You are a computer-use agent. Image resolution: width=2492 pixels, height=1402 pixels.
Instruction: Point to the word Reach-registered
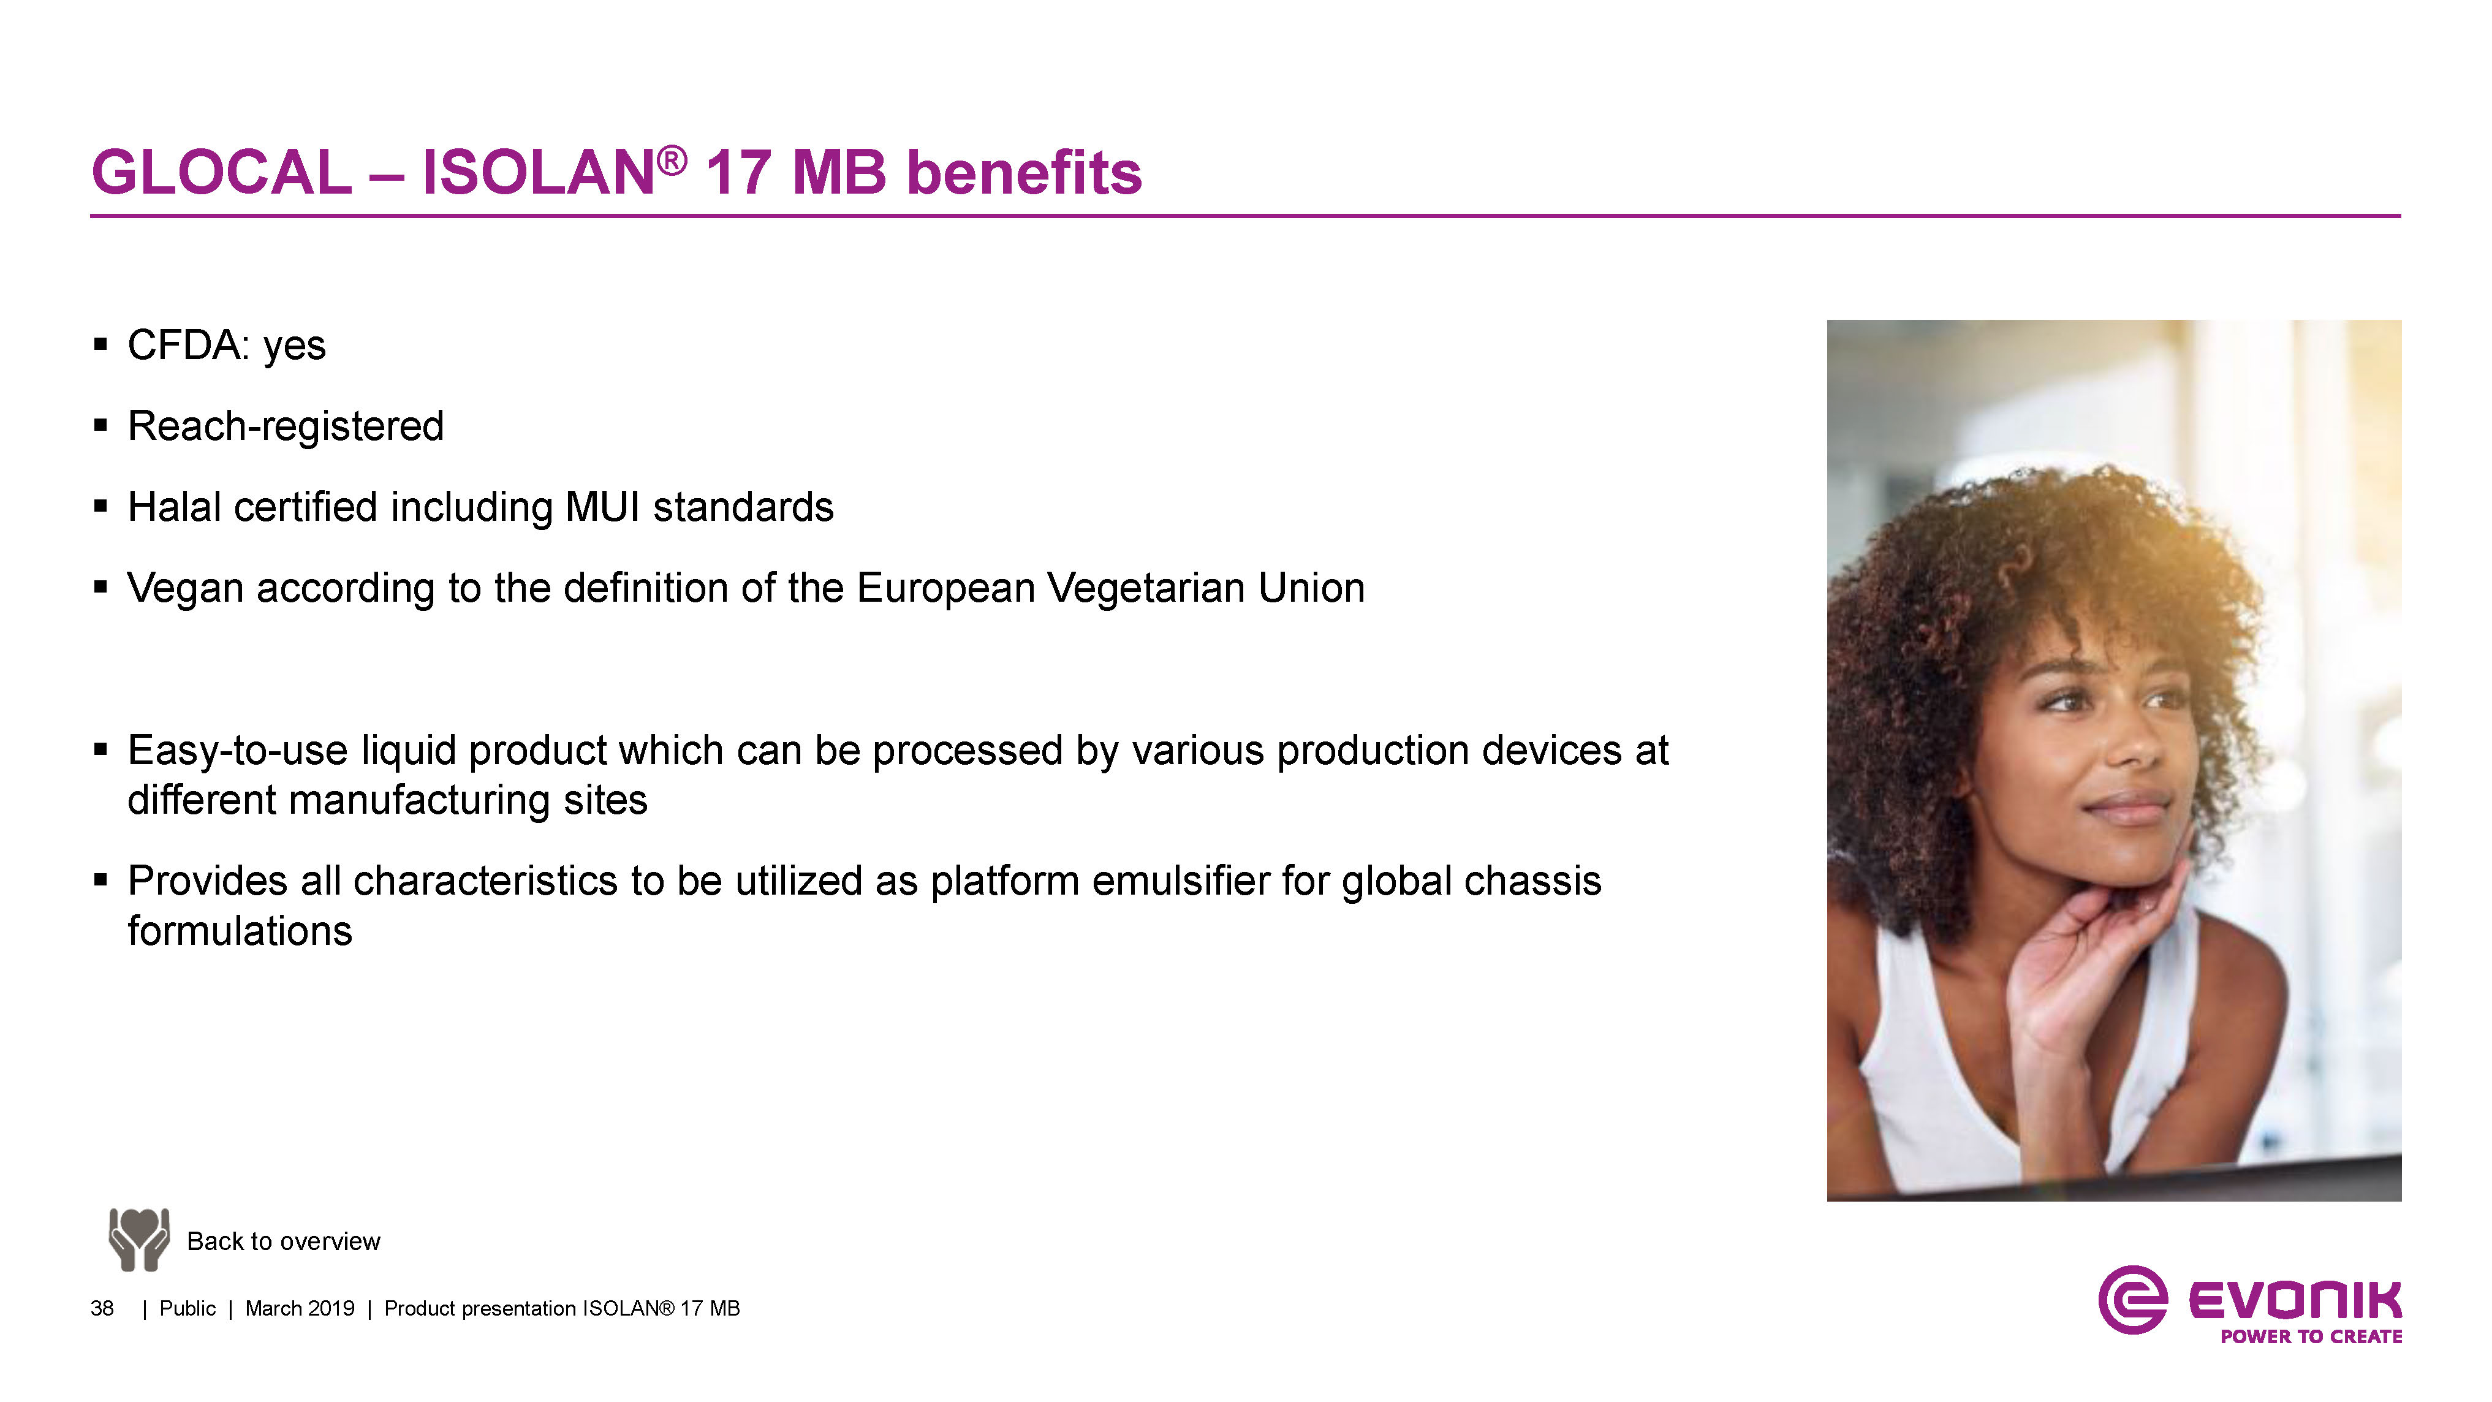click(286, 426)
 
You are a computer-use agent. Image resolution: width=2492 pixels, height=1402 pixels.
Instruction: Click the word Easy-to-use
click(238, 751)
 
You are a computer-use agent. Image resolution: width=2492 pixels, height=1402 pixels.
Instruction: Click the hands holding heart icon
click(139, 1240)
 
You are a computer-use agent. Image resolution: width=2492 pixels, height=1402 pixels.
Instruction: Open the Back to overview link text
click(284, 1241)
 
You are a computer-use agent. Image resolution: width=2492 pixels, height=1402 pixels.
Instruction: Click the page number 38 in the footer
click(102, 1309)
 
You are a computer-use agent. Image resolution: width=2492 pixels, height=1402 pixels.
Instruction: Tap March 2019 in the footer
click(300, 1309)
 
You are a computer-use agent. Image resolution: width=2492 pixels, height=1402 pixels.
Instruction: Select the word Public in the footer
click(187, 1309)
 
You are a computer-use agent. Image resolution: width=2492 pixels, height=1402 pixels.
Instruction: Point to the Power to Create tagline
click(2311, 1337)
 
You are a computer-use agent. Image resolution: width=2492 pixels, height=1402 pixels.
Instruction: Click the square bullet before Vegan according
click(100, 586)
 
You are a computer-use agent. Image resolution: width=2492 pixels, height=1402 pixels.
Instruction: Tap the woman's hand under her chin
click(2094, 958)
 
